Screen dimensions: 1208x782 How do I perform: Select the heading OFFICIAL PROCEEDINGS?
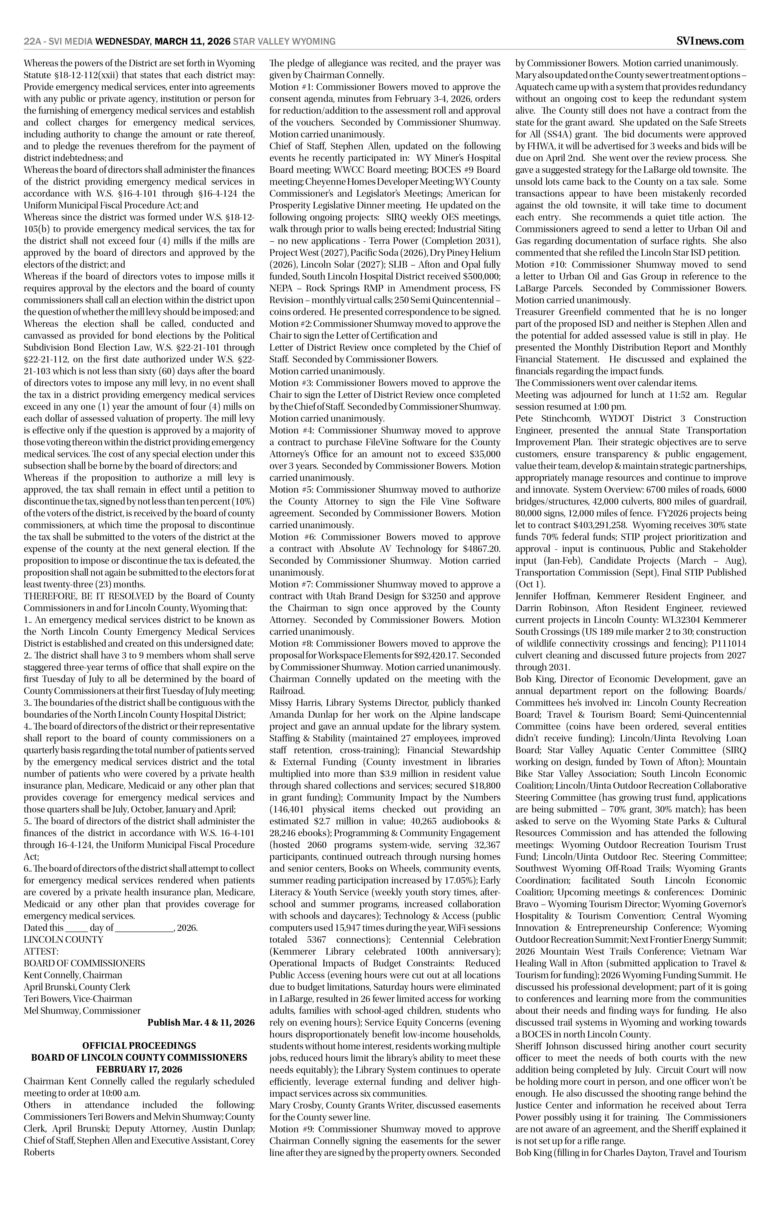coord(139,1046)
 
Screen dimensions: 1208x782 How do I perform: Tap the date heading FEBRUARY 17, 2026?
coord(139,1069)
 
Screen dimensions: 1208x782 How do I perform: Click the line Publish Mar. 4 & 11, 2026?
coord(201,1022)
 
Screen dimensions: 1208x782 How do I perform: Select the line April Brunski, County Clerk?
coord(77,987)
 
